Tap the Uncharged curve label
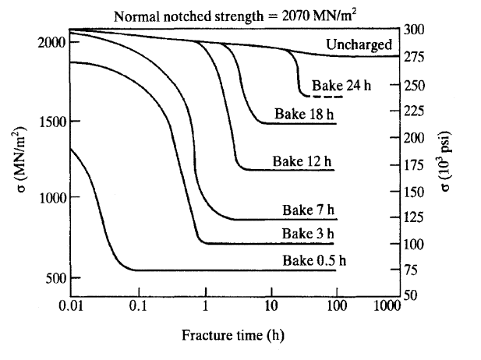pyautogui.click(x=359, y=45)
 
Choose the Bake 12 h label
pyautogui.click(x=302, y=161)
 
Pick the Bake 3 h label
pyautogui.click(x=308, y=233)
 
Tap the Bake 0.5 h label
pyautogui.click(x=314, y=260)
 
